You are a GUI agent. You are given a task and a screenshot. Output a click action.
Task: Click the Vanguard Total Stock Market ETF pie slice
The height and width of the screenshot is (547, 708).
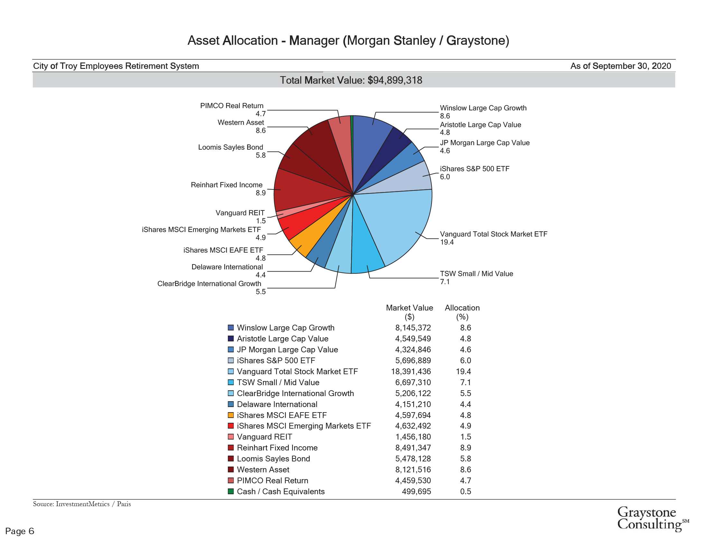(x=402, y=224)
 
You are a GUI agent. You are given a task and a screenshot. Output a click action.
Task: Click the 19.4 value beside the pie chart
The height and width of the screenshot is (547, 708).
(x=447, y=242)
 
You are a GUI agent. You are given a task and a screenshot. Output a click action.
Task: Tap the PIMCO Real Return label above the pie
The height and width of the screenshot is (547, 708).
(x=232, y=106)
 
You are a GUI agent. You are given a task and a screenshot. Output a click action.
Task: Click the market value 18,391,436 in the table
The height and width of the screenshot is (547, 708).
(x=411, y=371)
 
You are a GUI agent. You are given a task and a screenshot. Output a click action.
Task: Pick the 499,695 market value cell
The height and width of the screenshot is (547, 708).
(x=416, y=491)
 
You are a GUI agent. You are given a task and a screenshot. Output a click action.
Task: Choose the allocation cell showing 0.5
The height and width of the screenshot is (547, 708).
(x=466, y=491)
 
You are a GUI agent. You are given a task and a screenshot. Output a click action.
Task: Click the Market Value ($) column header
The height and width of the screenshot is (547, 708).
(x=409, y=312)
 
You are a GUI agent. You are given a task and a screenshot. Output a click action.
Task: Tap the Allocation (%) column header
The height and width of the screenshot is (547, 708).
(x=462, y=312)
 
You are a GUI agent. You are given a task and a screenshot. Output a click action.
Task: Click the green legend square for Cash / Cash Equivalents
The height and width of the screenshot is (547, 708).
(x=231, y=491)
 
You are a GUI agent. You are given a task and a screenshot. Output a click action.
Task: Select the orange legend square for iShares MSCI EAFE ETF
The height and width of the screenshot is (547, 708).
(x=231, y=415)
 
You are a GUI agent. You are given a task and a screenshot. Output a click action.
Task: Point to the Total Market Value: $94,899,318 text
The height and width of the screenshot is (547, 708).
(x=351, y=80)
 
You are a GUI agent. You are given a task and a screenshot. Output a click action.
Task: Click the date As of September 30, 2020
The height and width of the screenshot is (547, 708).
(x=620, y=66)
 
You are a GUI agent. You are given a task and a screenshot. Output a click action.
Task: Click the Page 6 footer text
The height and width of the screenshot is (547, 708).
(x=20, y=531)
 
